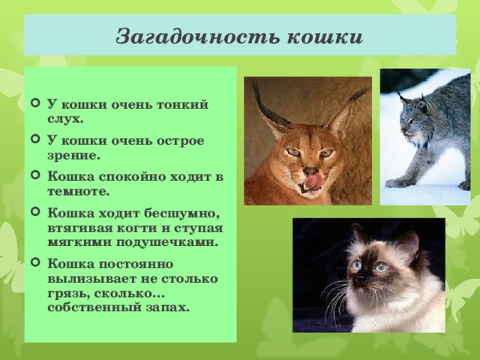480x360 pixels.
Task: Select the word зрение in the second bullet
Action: (x=73, y=156)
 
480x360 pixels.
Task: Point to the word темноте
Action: (x=76, y=191)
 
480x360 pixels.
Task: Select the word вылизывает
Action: (x=87, y=278)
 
